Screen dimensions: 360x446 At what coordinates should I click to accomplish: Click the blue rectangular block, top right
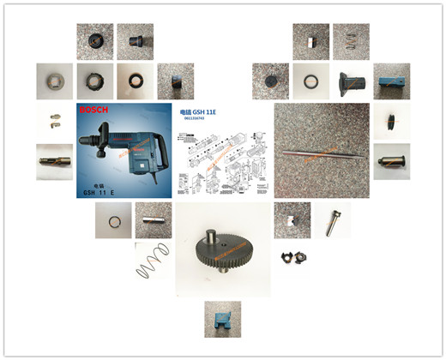[x=391, y=82]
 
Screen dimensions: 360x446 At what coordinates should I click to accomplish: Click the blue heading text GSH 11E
[x=199, y=111]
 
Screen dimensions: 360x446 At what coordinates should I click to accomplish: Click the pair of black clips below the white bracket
[x=290, y=256]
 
